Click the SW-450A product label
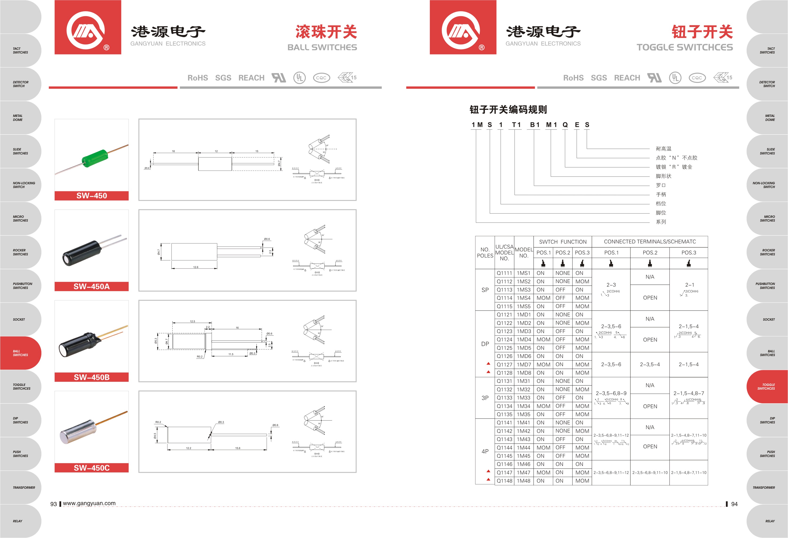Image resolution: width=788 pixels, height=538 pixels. [92, 287]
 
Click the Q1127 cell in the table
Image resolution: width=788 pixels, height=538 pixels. [504, 365]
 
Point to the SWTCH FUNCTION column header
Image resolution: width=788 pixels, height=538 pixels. [563, 242]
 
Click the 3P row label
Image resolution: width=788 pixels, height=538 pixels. [485, 398]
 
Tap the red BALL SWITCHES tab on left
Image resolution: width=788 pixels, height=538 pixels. [20, 353]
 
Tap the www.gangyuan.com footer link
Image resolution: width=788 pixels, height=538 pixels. [89, 503]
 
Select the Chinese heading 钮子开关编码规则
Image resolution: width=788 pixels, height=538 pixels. [508, 109]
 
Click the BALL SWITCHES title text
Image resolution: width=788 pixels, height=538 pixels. [322, 47]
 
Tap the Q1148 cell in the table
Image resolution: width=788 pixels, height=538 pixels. [504, 481]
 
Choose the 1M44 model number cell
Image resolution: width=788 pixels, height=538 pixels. [524, 448]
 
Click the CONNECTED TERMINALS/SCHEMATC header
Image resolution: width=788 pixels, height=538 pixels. [650, 242]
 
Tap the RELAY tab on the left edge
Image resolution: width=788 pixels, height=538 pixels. [18, 521]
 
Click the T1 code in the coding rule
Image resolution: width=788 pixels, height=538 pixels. [516, 125]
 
